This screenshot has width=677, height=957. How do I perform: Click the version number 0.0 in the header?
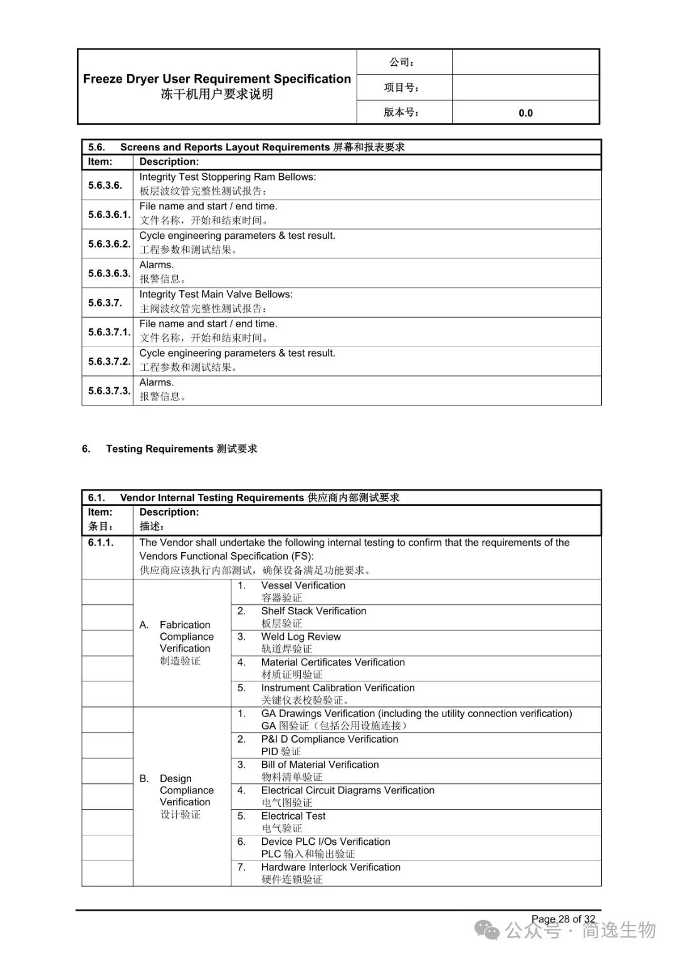pos(525,113)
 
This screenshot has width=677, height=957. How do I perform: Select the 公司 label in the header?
pos(402,62)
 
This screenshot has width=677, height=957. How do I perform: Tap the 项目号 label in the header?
pos(402,87)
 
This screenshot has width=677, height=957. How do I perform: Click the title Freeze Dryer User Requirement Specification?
pos(217,79)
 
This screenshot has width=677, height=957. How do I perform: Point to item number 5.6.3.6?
pos(105,185)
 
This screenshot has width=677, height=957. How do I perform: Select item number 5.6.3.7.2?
pos(109,361)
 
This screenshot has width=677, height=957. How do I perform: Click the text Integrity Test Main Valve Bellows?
pos(216,294)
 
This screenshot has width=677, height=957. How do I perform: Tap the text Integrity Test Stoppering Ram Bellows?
pos(228,177)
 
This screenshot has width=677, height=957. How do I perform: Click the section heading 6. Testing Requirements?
pos(169,449)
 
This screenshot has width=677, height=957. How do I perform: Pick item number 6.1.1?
pos(101,542)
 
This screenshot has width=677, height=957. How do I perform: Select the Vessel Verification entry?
pos(303,585)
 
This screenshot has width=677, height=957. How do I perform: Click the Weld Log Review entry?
pos(301,637)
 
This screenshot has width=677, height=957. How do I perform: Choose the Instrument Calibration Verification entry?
pos(338,688)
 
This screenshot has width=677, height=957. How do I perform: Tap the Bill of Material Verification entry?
pos(320,765)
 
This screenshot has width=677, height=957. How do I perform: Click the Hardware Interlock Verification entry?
pos(330,867)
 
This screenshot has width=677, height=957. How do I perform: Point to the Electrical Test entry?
pos(293,816)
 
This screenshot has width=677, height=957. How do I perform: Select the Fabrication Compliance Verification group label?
pos(186,637)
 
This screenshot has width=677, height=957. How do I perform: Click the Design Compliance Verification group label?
pos(186,790)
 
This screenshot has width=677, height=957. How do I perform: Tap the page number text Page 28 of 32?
pos(563,919)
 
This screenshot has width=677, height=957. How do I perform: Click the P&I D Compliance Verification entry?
pos(329,739)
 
